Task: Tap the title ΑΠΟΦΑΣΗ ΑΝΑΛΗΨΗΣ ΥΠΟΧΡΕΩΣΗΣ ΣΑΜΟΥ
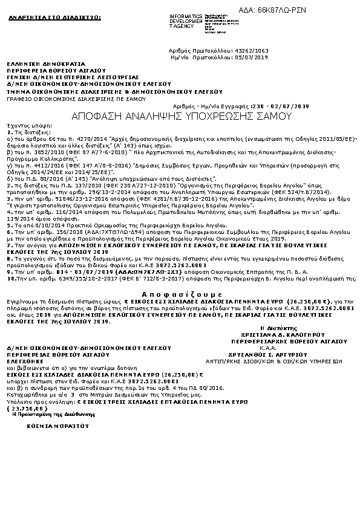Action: [179, 114]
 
